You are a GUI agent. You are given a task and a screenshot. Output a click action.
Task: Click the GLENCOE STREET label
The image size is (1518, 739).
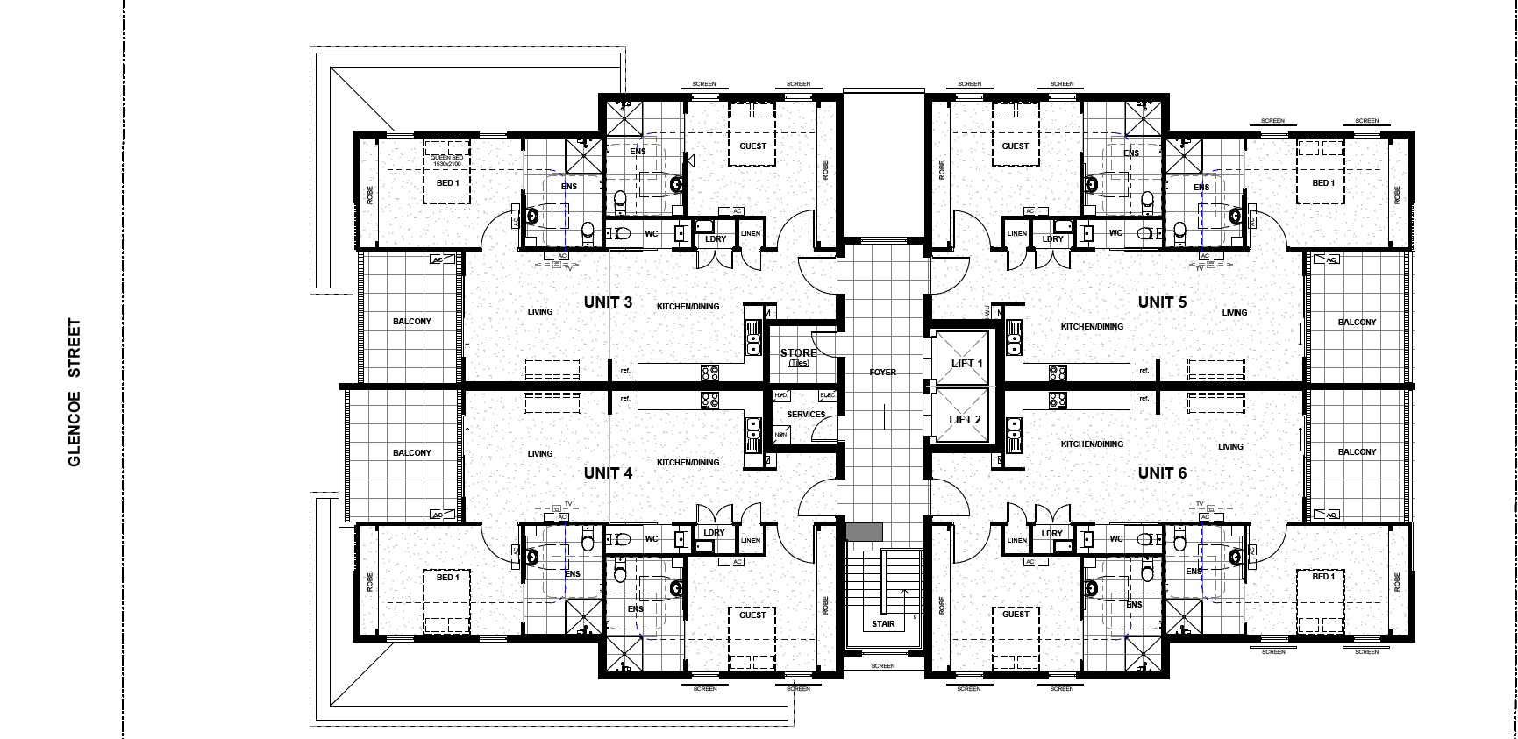click(x=75, y=392)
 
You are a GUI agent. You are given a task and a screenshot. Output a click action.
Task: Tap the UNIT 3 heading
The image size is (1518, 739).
click(x=608, y=302)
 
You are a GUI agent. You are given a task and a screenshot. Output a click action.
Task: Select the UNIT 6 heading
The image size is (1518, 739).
click(x=1162, y=473)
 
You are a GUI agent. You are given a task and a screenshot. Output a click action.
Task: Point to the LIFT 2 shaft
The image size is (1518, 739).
click(x=965, y=419)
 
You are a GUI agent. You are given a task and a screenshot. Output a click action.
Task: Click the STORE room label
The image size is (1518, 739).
click(x=798, y=353)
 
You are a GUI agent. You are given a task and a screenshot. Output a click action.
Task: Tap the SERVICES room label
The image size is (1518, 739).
click(x=805, y=415)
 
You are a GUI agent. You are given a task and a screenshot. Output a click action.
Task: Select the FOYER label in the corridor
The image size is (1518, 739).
click(x=882, y=373)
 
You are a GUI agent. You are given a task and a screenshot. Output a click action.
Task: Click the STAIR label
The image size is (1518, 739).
click(x=883, y=624)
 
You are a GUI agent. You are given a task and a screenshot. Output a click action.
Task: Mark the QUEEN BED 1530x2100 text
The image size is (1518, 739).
click(x=446, y=161)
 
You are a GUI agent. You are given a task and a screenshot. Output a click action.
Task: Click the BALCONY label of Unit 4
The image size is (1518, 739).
click(x=411, y=453)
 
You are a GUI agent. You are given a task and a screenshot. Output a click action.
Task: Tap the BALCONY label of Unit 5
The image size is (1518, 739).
click(x=1357, y=323)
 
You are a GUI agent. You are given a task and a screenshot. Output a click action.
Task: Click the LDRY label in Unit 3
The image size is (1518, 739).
click(x=716, y=239)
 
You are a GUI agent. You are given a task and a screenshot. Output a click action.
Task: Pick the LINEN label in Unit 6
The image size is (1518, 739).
click(x=1016, y=540)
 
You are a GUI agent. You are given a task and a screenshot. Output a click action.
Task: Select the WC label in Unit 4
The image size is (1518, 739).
click(x=651, y=539)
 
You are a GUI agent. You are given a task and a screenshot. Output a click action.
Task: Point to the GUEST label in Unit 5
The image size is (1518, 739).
click(x=1015, y=146)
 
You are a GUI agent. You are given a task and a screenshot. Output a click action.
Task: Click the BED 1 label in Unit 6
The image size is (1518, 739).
click(x=1321, y=577)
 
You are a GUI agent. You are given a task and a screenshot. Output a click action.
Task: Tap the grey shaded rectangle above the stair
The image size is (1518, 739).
click(x=865, y=531)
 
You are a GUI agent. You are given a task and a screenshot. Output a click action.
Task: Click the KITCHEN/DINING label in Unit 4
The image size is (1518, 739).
click(x=688, y=463)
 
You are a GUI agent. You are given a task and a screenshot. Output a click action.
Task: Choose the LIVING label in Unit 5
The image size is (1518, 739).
click(x=1234, y=313)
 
